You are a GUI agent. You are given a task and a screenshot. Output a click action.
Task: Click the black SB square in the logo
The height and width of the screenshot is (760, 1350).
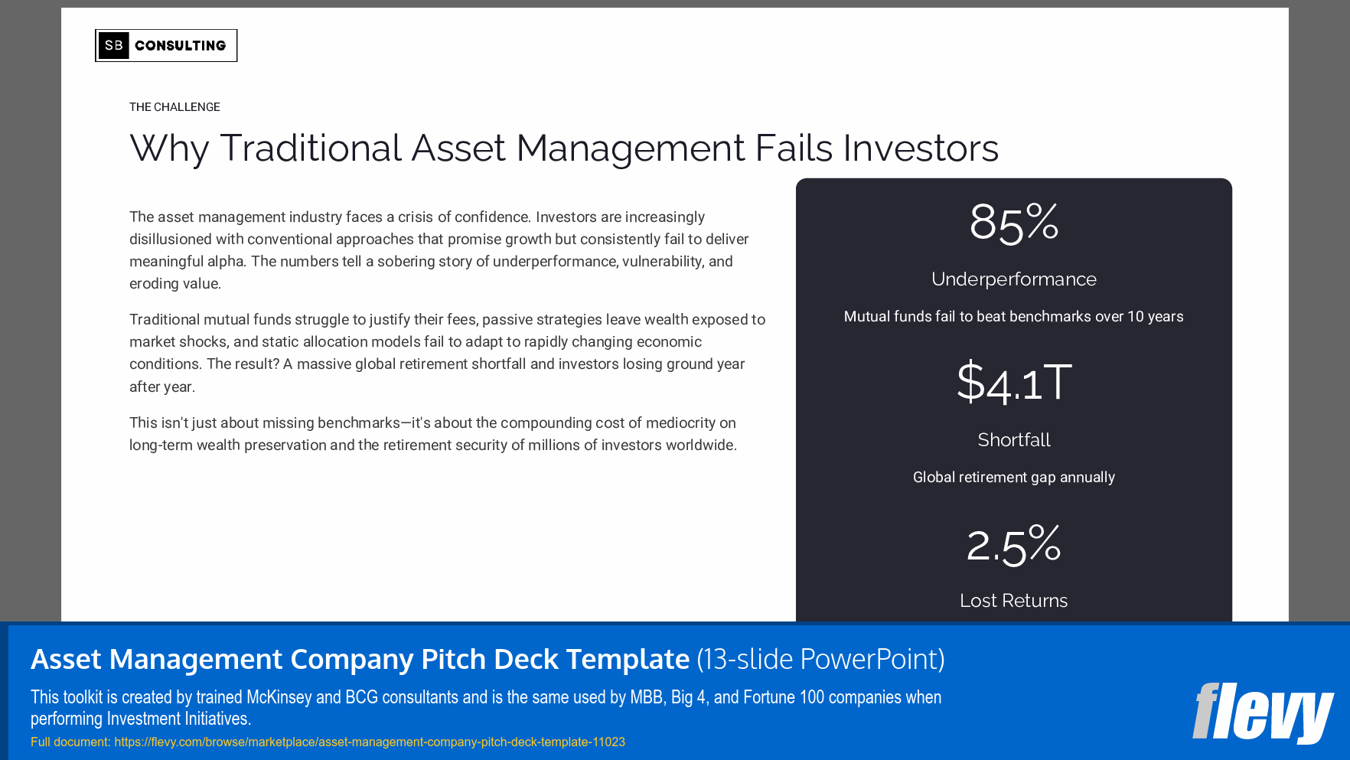click(113, 45)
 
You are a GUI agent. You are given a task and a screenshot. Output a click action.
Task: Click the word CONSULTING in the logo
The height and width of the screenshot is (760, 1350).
click(181, 46)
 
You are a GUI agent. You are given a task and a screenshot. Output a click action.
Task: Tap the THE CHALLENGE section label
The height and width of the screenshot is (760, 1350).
click(174, 107)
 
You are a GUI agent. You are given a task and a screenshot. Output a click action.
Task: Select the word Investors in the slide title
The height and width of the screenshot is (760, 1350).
click(921, 148)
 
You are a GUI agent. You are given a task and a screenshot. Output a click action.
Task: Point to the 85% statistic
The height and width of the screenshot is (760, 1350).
click(1013, 223)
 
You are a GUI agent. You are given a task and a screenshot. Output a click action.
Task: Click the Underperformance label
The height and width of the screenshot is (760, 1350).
click(1013, 279)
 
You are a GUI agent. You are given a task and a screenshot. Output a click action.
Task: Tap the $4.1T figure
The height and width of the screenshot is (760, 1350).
click(1013, 382)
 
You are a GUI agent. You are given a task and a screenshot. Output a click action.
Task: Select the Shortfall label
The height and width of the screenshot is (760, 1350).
click(1013, 440)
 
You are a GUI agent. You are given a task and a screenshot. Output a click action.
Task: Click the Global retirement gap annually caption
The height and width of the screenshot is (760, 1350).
click(1013, 478)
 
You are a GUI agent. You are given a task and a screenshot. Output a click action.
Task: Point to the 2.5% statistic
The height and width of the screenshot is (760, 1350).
click(1013, 545)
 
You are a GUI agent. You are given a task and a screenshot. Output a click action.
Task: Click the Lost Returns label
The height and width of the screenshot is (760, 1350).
click(1013, 601)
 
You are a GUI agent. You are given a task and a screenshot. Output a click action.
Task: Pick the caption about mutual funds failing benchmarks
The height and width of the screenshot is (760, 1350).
click(1013, 317)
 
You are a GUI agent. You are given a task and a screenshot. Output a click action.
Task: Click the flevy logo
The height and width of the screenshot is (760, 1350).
click(1262, 712)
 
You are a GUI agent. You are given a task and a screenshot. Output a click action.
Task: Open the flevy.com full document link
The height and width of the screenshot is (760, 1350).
click(369, 742)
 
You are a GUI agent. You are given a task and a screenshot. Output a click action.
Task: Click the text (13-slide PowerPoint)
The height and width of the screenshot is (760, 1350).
click(820, 659)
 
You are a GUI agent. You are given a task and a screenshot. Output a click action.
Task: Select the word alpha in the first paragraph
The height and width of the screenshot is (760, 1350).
click(226, 262)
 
